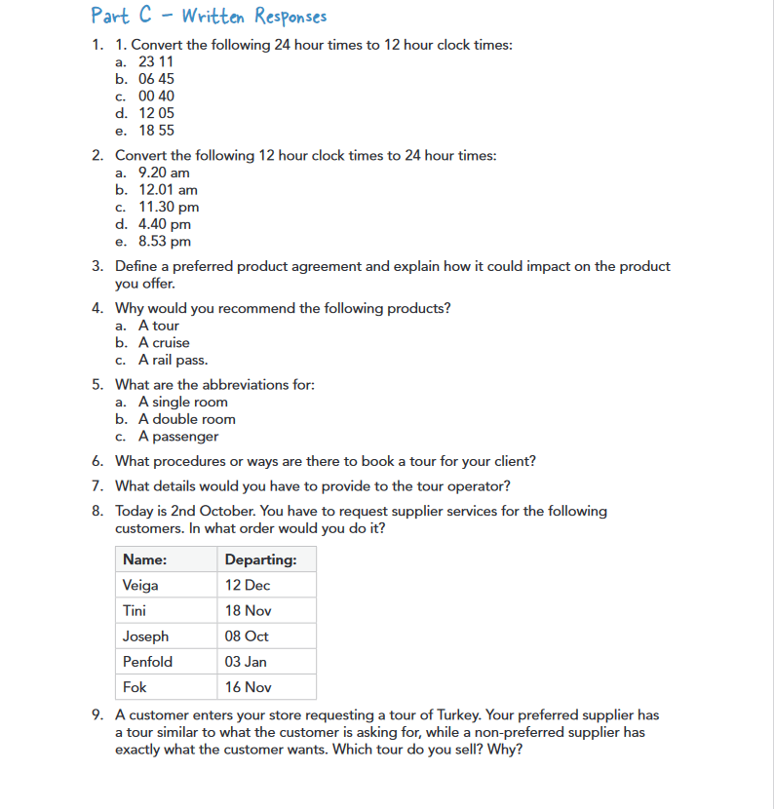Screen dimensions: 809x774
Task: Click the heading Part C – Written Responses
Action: [x=209, y=17]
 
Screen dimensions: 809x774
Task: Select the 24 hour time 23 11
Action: [x=156, y=61]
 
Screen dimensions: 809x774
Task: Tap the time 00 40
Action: [x=156, y=96]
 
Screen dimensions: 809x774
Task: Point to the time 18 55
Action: [x=156, y=131]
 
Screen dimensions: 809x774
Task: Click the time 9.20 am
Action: [x=164, y=173]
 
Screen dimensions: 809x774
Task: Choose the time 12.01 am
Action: [x=168, y=190]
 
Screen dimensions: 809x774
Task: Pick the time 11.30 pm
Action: [x=169, y=207]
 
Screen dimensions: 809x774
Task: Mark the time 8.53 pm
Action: [x=165, y=242]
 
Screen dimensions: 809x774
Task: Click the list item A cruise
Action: [x=164, y=343]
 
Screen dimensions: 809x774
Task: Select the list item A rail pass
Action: [x=173, y=360]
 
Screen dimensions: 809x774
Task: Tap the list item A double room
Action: [x=186, y=419]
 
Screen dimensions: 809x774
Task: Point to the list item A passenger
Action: [x=178, y=437]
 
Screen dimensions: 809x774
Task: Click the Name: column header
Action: [x=144, y=559]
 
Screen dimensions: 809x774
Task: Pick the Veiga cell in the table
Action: [x=140, y=586]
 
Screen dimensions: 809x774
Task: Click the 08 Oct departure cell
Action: [x=247, y=636]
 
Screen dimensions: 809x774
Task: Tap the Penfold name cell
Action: [x=147, y=662]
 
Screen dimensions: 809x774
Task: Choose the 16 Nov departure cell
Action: [x=248, y=687]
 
